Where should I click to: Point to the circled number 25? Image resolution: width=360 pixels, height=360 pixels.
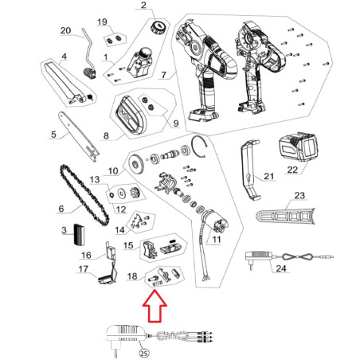(x=144, y=350)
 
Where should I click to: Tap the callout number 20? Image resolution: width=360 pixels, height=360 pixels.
(x=66, y=31)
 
